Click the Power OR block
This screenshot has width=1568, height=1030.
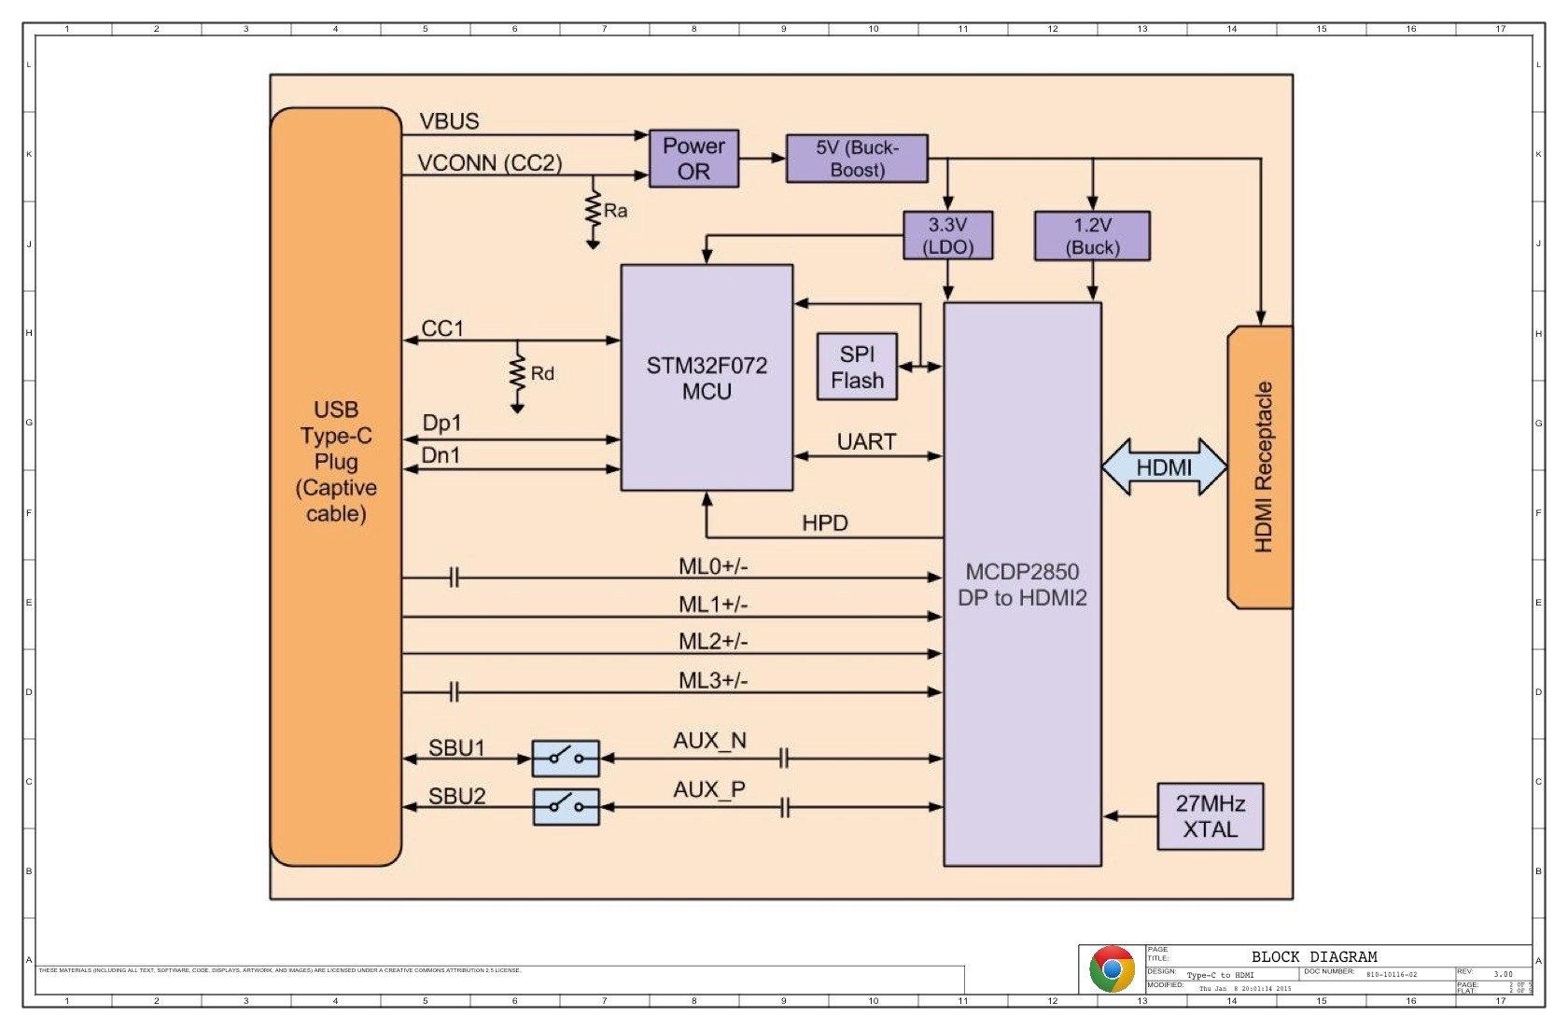tap(693, 159)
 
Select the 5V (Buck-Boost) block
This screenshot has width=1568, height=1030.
tap(857, 159)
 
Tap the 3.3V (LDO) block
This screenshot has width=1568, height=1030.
tap(947, 235)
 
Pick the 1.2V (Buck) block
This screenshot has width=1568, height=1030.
tap(1092, 235)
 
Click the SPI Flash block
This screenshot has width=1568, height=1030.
tap(857, 367)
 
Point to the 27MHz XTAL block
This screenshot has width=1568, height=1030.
tap(1210, 816)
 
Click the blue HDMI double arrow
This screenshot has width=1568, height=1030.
tap(1164, 466)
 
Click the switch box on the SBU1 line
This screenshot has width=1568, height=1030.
tap(566, 759)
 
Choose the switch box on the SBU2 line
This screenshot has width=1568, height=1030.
tap(566, 807)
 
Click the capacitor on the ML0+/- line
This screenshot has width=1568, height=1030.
tap(454, 578)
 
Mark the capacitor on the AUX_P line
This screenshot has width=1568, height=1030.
tap(784, 807)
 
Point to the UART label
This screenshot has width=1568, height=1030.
tap(866, 441)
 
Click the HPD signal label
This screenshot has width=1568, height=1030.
tap(824, 523)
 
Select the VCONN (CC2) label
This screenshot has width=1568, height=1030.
tap(489, 163)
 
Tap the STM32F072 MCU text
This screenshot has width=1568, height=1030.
tap(707, 378)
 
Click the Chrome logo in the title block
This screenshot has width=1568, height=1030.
tap(1112, 969)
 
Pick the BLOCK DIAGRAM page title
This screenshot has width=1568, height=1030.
tap(1313, 957)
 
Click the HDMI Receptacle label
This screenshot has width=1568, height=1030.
tap(1263, 466)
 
